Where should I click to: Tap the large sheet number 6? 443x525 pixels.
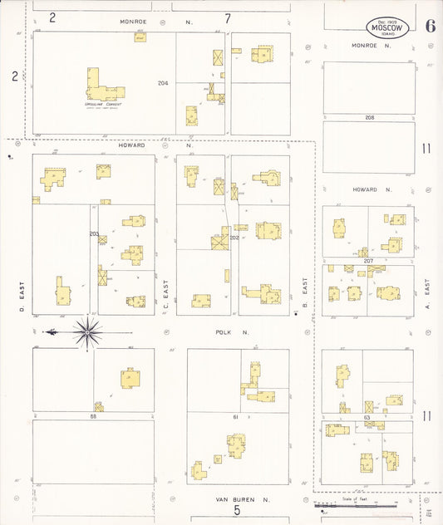pyautogui.click(x=430, y=25)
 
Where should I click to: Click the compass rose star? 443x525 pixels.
pyautogui.click(x=86, y=332)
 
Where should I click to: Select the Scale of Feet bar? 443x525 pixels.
pyautogui.click(x=356, y=505)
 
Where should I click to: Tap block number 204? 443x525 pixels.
pyautogui.click(x=163, y=83)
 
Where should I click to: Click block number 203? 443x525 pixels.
pyautogui.click(x=94, y=233)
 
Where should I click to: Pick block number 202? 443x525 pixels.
pyautogui.click(x=234, y=238)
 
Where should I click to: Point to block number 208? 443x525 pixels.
pyautogui.click(x=369, y=117)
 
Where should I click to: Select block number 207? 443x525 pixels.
pyautogui.click(x=368, y=261)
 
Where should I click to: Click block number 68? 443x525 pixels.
pyautogui.click(x=93, y=415)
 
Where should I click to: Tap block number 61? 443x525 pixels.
pyautogui.click(x=235, y=416)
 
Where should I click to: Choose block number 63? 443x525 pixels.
pyautogui.click(x=368, y=415)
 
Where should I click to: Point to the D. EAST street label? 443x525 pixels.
pyautogui.click(x=20, y=292)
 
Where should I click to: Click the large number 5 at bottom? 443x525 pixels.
pyautogui.click(x=236, y=510)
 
